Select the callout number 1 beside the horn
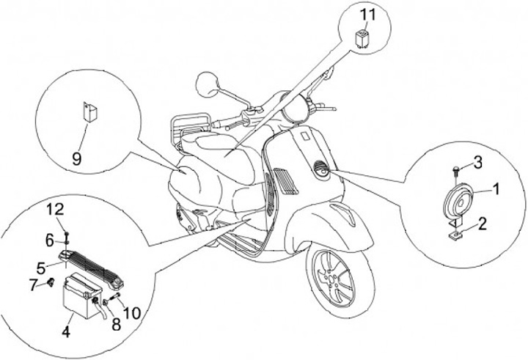[x=496, y=189]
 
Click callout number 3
[x=477, y=161]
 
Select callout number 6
[x=50, y=239]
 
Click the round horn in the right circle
[x=458, y=197]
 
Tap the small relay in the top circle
[x=362, y=38]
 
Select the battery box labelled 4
[x=78, y=294]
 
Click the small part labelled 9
[x=89, y=113]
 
